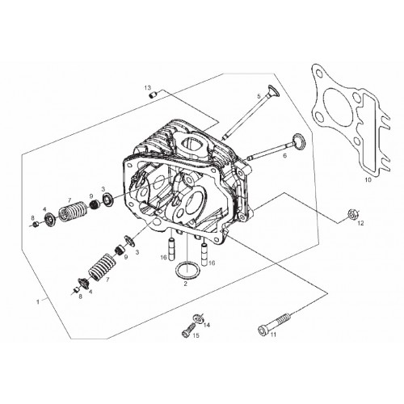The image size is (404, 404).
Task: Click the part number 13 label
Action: tap(148, 87)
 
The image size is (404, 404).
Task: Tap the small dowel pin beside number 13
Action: tap(153, 95)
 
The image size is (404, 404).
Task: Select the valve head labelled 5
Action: tap(273, 90)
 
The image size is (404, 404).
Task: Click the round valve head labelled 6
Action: tap(299, 141)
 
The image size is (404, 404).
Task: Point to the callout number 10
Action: tap(368, 179)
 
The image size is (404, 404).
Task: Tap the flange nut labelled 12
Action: tap(351, 214)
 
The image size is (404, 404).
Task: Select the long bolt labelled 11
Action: tap(275, 323)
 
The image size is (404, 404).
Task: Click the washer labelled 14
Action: tap(198, 319)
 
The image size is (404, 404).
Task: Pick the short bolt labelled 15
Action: tap(188, 330)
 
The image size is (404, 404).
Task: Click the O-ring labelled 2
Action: tap(187, 269)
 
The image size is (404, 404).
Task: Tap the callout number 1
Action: tap(38, 301)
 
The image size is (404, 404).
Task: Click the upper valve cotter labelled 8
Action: tap(35, 224)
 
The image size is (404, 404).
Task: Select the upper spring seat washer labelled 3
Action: tap(108, 199)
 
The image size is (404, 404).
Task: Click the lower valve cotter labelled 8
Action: tap(76, 290)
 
